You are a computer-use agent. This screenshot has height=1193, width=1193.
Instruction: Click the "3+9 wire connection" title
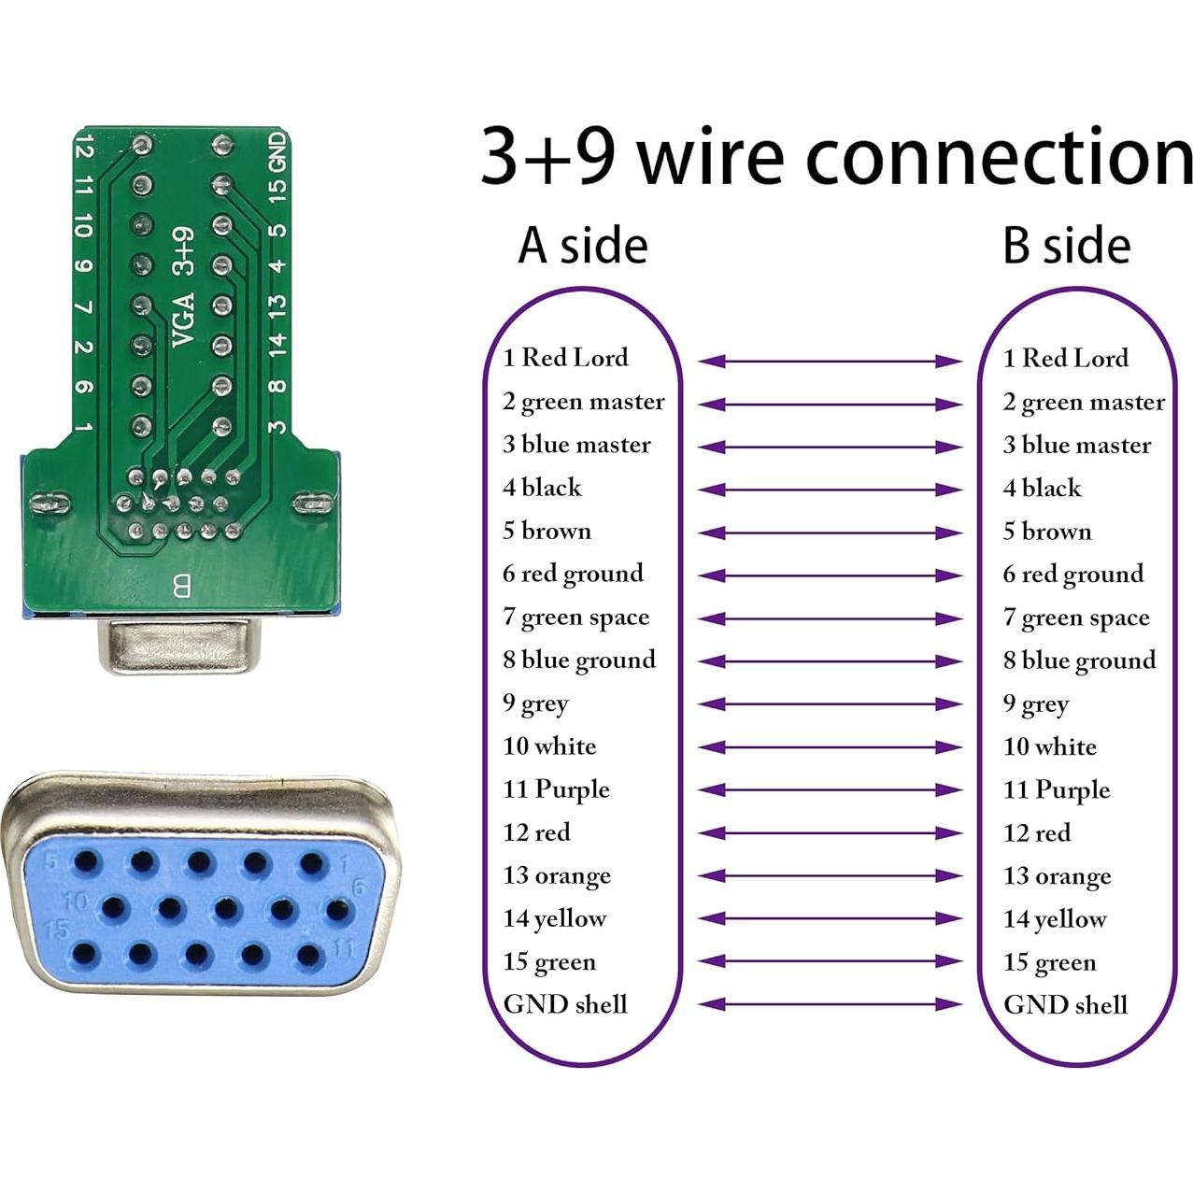pos(836,156)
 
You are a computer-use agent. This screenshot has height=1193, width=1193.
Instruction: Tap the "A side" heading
pos(582,246)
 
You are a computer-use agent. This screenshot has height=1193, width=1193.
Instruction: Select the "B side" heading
pos(1066,246)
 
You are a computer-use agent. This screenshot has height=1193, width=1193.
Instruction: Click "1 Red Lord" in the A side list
pos(565,358)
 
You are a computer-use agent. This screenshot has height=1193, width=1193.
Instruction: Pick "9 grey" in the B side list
pos(1035,704)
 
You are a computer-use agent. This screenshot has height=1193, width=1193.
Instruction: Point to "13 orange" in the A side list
pos(557,876)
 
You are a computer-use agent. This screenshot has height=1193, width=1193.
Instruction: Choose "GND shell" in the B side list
pos(1065,1005)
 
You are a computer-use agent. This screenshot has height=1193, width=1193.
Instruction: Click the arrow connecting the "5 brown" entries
pos(831,533)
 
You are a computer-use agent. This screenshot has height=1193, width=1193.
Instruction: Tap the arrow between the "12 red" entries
pos(831,833)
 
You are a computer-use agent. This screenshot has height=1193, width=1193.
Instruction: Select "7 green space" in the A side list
pos(575,618)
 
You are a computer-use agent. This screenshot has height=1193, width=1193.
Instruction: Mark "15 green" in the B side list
pos(1049,962)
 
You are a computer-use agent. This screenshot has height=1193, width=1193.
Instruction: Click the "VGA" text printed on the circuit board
pos(184,319)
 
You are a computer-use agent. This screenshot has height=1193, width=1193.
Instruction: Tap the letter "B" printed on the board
pos(181,587)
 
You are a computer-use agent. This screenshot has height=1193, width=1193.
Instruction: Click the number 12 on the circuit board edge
pos(84,148)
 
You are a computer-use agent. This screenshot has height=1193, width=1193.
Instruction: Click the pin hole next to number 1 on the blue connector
pos(312,862)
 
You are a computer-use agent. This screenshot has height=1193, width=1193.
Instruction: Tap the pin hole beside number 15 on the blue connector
pos(84,954)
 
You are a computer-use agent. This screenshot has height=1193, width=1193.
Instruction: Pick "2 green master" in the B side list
pos(1084,403)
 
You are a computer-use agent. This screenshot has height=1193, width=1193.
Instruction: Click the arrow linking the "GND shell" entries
pos(831,1005)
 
